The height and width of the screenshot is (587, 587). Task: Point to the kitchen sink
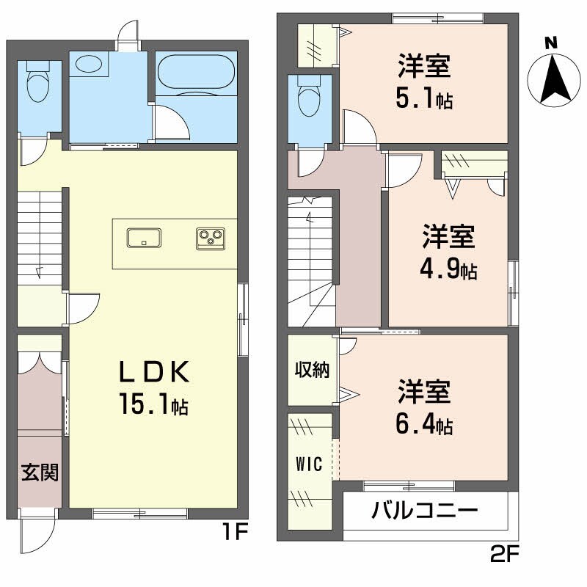click(144, 238)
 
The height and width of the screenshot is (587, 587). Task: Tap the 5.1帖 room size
click(424, 98)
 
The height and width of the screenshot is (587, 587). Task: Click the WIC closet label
click(310, 464)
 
